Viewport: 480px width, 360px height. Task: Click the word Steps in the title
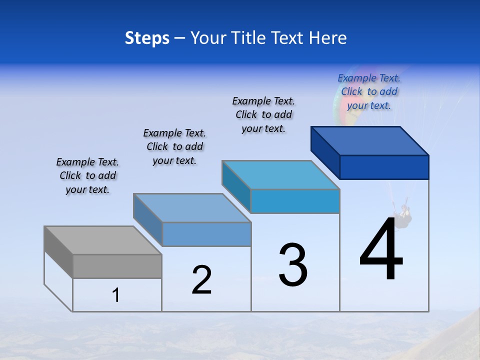147,38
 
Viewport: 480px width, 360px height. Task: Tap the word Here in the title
328,38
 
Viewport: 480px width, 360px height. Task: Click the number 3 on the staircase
293,265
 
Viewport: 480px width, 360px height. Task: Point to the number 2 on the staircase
202,280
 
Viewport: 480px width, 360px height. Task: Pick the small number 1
116,295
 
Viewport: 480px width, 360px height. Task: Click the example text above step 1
87,175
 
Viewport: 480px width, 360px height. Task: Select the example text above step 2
174,146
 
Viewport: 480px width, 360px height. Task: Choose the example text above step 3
263,114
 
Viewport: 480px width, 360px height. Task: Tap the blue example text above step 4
369,91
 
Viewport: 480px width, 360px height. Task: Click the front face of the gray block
117,266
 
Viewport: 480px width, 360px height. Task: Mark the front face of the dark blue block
384,167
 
